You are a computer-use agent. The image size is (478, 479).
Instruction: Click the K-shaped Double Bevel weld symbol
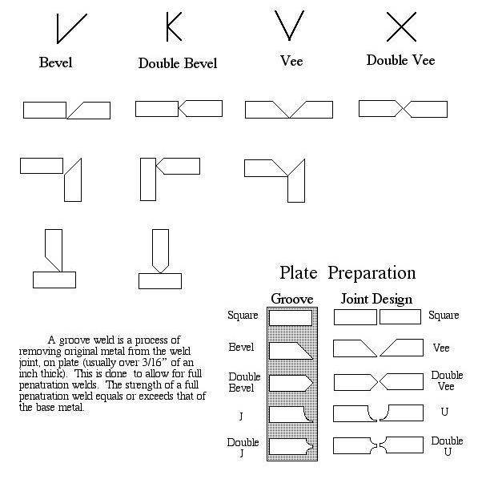[x=173, y=26]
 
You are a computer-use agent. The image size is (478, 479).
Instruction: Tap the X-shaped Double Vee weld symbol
[x=401, y=26]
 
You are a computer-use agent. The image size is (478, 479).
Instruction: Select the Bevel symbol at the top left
[x=71, y=28]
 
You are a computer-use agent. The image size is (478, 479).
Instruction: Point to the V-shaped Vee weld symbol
[x=289, y=26]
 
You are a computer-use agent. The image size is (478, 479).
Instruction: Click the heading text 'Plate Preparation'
[x=347, y=272]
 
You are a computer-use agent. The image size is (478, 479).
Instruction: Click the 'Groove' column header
[x=292, y=299]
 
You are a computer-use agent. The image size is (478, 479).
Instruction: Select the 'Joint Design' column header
[x=376, y=299]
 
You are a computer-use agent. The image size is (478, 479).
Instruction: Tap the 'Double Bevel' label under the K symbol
[x=178, y=63]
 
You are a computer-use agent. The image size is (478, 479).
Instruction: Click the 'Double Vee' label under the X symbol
[x=400, y=60]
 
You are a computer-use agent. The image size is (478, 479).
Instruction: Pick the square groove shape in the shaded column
[x=291, y=318]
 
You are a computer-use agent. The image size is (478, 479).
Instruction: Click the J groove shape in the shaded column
[x=291, y=415]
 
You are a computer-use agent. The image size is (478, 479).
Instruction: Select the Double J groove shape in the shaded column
[x=291, y=447]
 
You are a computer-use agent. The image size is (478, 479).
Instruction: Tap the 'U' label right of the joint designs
[x=444, y=412]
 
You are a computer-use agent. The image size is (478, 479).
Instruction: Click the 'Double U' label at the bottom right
[x=447, y=446]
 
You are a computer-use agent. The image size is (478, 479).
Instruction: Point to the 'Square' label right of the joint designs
[x=444, y=316]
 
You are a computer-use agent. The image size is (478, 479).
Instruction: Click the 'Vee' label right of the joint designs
[x=441, y=348]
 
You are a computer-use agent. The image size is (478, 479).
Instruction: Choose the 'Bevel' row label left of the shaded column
[x=241, y=347]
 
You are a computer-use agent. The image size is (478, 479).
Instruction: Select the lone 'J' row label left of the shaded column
[x=241, y=417]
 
